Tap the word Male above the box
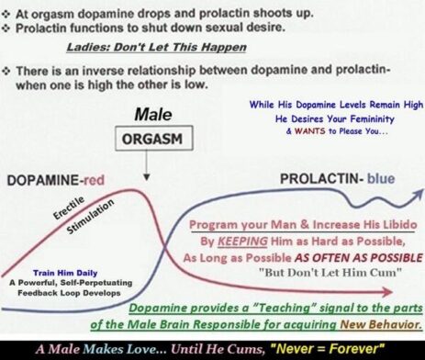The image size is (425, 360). click(153, 115)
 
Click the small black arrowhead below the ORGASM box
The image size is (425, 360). click(147, 177)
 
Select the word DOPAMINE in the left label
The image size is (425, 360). click(43, 180)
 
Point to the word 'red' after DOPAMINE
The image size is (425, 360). click(94, 180)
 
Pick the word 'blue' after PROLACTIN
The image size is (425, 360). click(381, 178)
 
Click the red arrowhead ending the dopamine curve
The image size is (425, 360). click(387, 292)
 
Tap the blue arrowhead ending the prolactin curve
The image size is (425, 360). click(418, 194)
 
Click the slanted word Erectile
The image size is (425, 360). click(69, 208)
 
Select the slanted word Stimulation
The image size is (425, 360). click(90, 217)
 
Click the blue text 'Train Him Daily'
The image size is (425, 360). click(65, 273)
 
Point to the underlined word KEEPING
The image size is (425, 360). click(242, 242)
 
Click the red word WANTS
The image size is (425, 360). click(309, 131)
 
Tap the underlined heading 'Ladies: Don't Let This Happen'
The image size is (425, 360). click(156, 47)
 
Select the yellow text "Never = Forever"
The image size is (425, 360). click(328, 349)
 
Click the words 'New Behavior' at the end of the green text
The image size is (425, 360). click(381, 324)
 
